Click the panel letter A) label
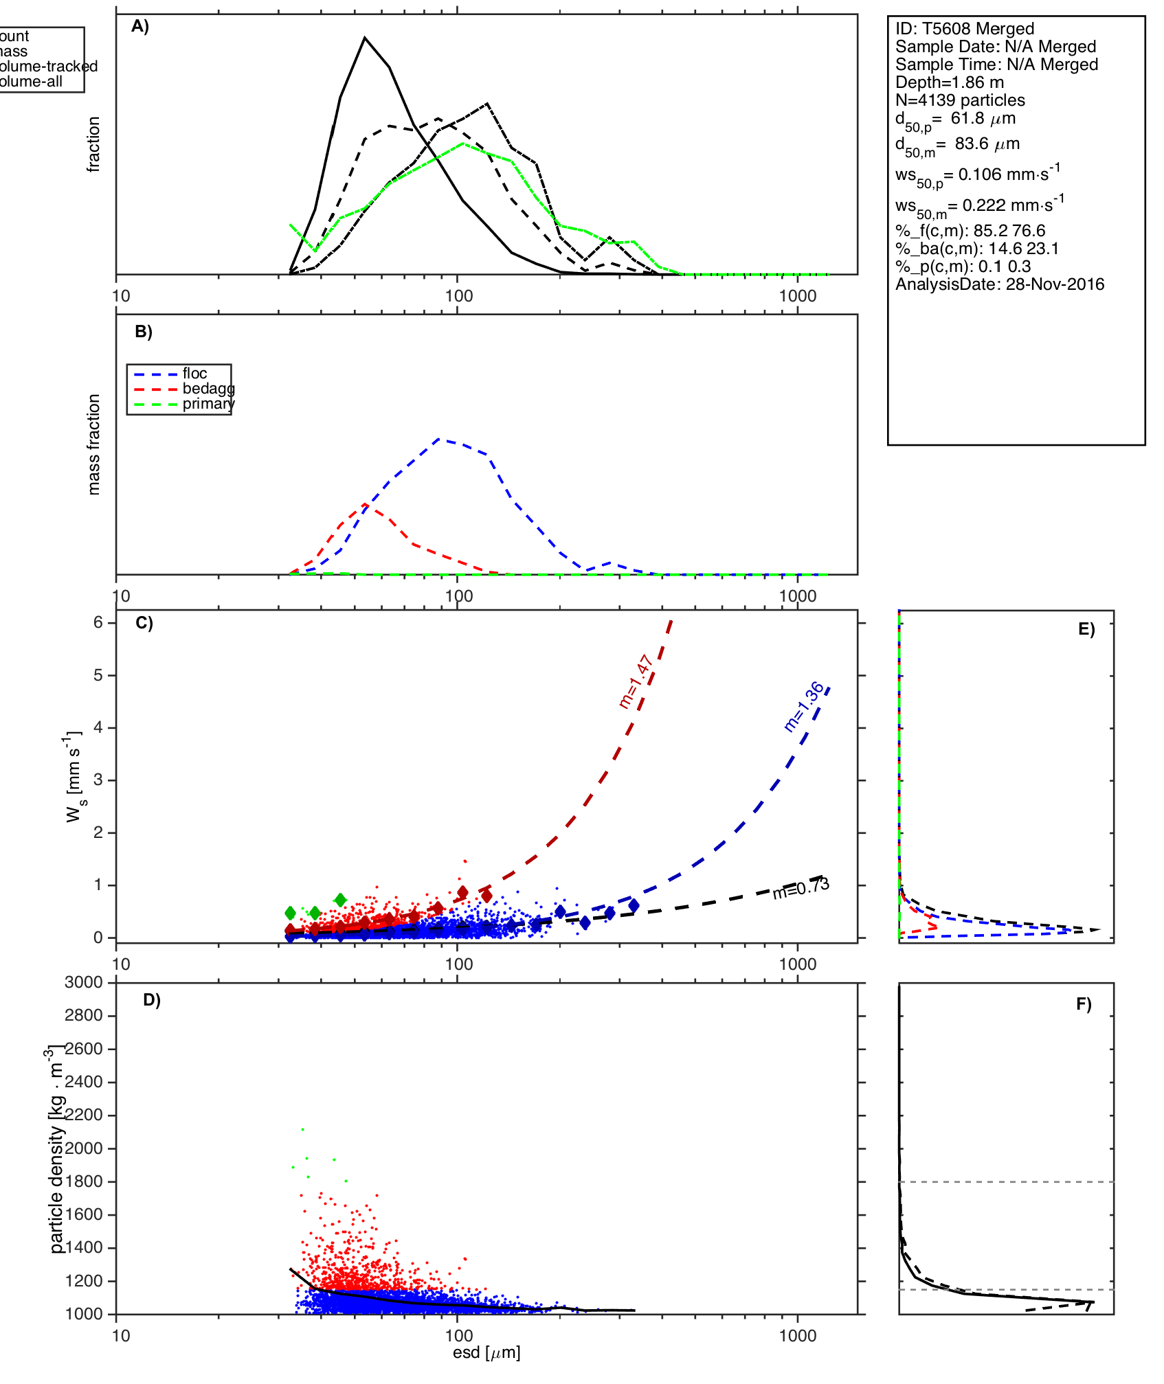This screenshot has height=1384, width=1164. coord(140,26)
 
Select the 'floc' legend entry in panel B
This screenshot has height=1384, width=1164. coord(194,374)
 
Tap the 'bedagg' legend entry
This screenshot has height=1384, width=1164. coord(208,389)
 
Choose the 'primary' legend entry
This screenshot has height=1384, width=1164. coord(208,404)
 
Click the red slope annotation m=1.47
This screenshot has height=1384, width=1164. coord(635,681)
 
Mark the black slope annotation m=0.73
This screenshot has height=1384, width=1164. coord(801,889)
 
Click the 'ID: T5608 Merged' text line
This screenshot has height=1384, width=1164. coord(964,29)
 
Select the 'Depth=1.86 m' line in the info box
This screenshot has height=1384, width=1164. coord(949,82)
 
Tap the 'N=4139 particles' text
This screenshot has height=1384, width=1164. coord(960,100)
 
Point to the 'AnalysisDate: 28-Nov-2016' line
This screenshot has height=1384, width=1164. coord(999,284)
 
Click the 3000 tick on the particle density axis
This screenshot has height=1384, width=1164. coord(84,982)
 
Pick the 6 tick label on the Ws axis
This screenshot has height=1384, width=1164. coord(98,622)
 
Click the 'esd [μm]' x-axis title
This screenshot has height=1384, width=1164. coord(486,1352)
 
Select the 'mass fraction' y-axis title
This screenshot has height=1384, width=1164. coord(94,444)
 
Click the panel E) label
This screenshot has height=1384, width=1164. coord(1086,630)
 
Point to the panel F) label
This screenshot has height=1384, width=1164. coord(1084,1004)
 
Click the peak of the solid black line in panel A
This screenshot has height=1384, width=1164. coord(365,38)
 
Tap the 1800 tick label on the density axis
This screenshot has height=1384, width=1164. coord(84,1181)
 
